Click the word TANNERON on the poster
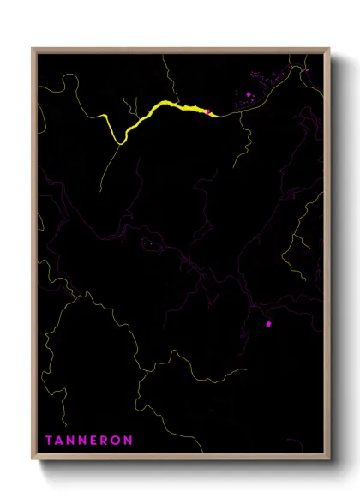[x=88, y=441]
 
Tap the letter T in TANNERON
[x=48, y=441]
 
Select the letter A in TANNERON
[x=59, y=441]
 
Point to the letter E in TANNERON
[x=94, y=441]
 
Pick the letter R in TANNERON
[x=105, y=441]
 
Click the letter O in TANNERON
[x=117, y=441]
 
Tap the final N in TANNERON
[x=129, y=441]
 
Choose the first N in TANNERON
[x=71, y=441]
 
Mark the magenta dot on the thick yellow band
[x=207, y=111]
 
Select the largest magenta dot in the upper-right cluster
[x=249, y=94]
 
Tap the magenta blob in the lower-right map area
[x=268, y=324]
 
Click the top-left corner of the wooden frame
[x=33, y=50]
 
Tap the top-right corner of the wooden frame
[x=329, y=50]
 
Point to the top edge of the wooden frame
[x=180, y=50]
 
